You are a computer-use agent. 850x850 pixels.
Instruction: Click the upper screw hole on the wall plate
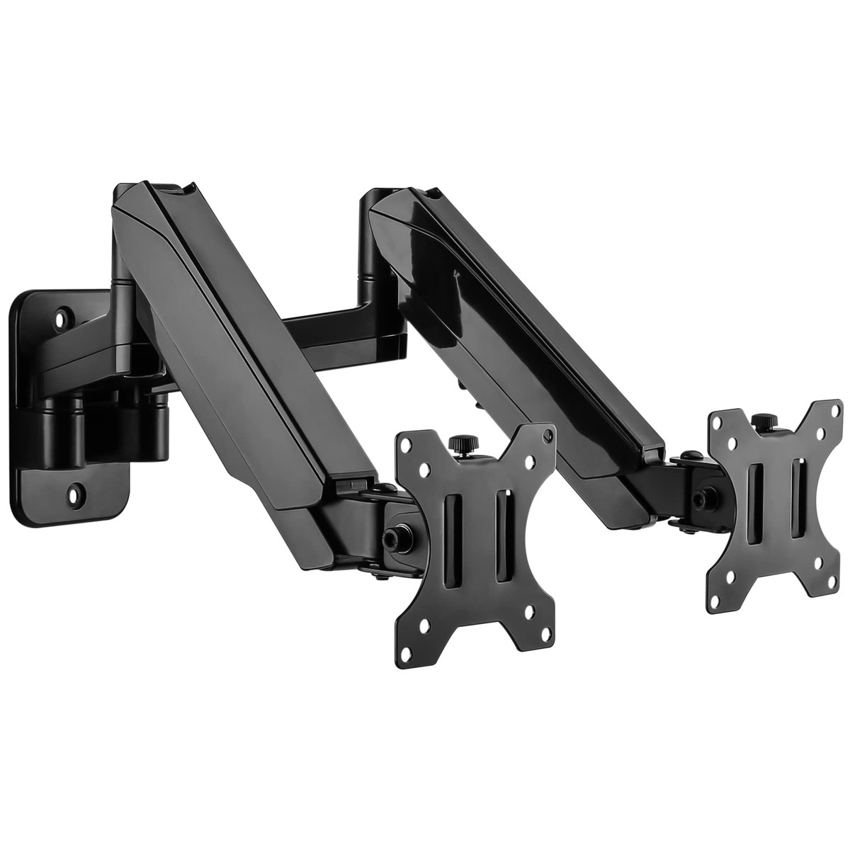point(63,311)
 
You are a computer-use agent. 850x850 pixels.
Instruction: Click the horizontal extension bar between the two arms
point(333,326)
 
